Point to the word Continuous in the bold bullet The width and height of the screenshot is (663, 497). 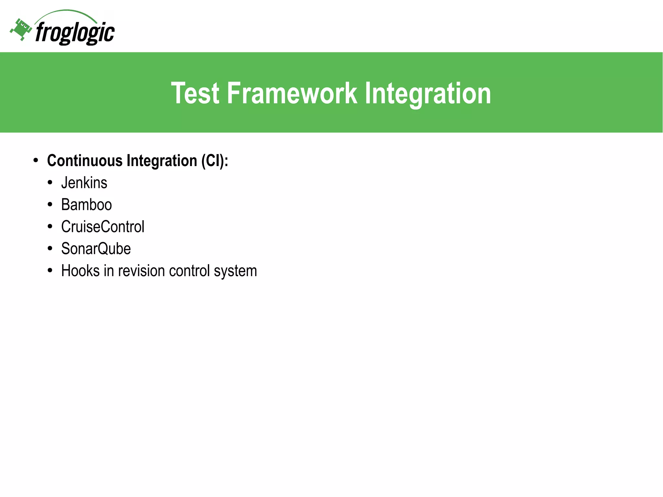pyautogui.click(x=84, y=161)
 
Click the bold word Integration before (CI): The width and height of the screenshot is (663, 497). pyautogui.click(x=162, y=161)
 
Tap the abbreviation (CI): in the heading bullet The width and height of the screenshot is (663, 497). pyautogui.click(x=214, y=161)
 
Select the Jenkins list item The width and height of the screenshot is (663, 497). pyautogui.click(x=84, y=183)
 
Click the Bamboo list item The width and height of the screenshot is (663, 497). pyautogui.click(x=86, y=205)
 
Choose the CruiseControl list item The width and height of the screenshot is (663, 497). pyautogui.click(x=103, y=227)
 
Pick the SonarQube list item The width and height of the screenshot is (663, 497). pyautogui.click(x=96, y=249)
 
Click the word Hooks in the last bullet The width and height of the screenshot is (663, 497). pyautogui.click(x=80, y=271)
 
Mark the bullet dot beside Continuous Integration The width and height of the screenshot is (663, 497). pyautogui.click(x=36, y=161)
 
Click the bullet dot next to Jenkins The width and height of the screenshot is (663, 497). pyautogui.click(x=50, y=183)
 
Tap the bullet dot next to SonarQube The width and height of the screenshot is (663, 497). pyautogui.click(x=50, y=249)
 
